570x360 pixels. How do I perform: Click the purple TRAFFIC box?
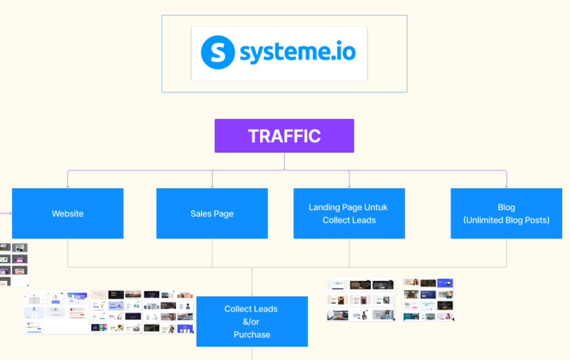[x=284, y=136]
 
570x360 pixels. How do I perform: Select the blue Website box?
[x=67, y=214]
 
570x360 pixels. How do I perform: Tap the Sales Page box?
[x=212, y=214]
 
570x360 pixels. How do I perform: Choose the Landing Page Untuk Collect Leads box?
[x=349, y=214]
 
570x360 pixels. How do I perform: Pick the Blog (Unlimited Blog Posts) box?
[x=506, y=214]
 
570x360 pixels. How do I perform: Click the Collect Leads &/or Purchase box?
[x=252, y=322]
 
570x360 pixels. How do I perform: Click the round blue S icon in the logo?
[x=218, y=52]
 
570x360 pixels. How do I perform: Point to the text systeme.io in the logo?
[x=297, y=52]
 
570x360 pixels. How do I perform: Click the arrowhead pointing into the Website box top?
[x=68, y=186]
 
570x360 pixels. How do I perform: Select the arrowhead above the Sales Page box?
[x=212, y=186]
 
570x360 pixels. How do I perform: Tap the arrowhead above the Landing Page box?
[x=349, y=186]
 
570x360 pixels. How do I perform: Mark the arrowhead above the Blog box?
[x=507, y=186]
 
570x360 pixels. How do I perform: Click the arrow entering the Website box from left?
[x=9, y=213]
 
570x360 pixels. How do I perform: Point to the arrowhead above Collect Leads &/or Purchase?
[x=252, y=294]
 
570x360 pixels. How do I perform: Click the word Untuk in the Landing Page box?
[x=376, y=208]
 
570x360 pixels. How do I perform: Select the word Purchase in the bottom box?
[x=252, y=334]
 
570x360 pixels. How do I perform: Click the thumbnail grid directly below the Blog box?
[x=428, y=299]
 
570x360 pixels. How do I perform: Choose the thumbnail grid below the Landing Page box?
[x=361, y=300]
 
